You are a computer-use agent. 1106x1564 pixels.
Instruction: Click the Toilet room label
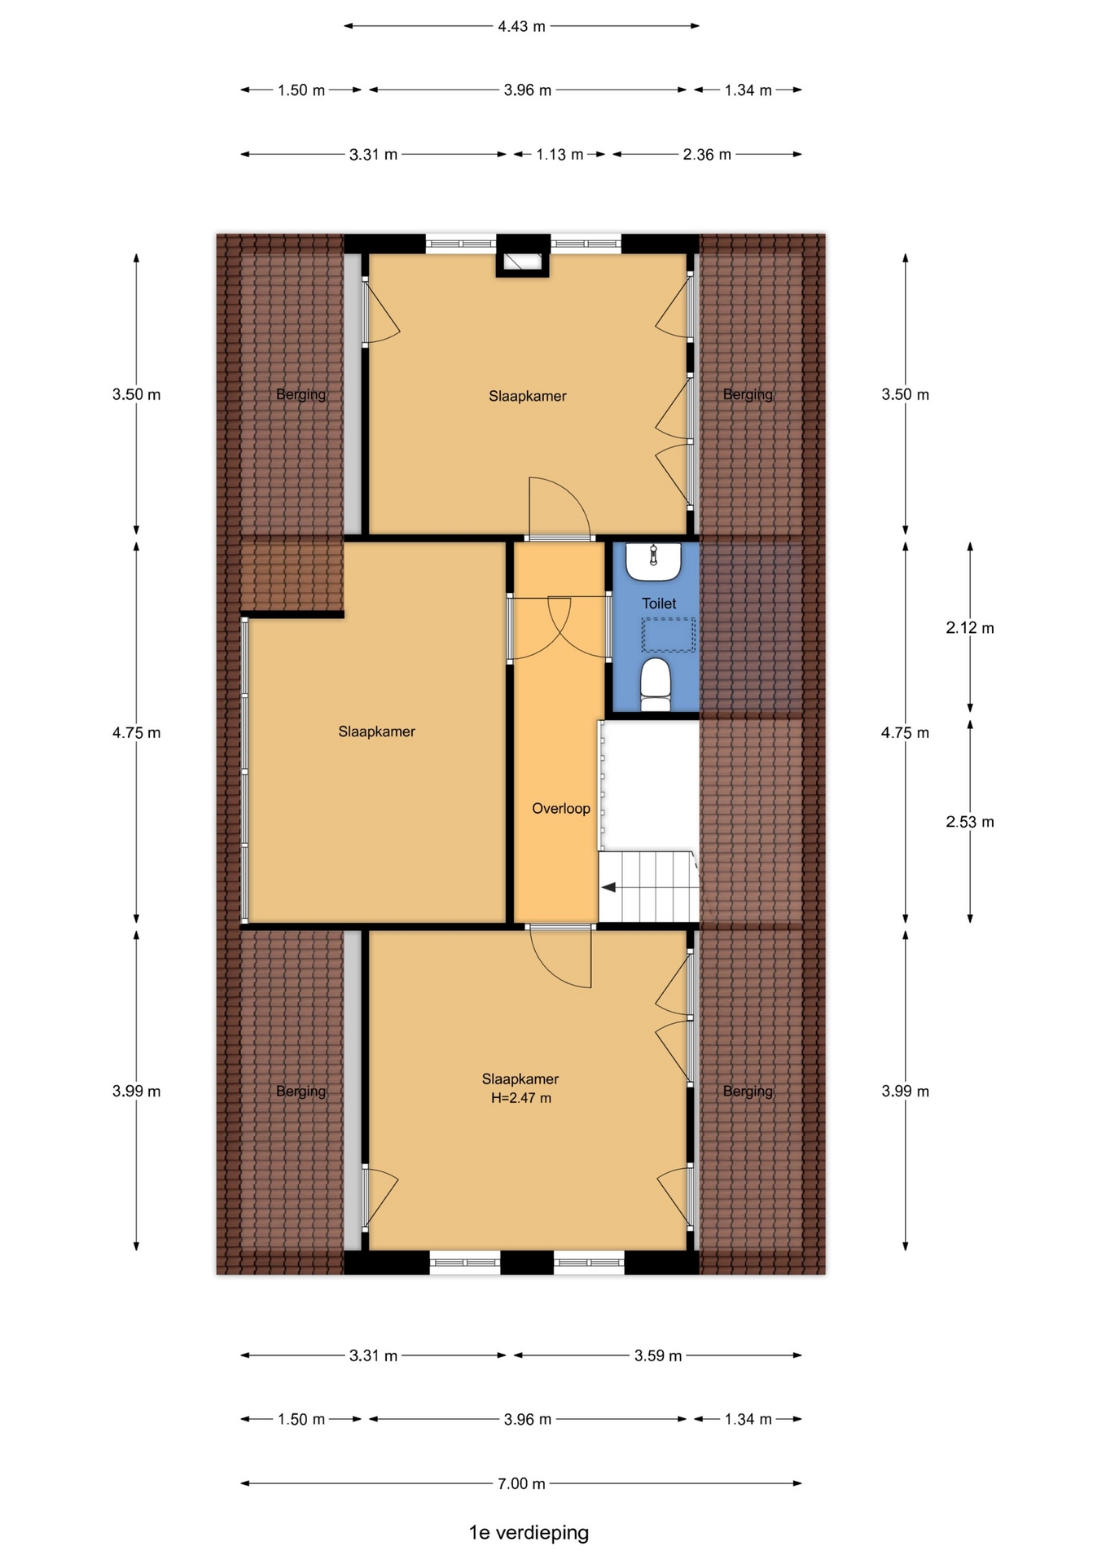click(659, 604)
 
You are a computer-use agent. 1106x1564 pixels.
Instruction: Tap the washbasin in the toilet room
click(653, 561)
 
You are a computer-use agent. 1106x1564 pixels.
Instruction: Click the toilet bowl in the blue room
click(655, 684)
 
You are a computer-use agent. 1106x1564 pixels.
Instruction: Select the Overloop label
click(561, 809)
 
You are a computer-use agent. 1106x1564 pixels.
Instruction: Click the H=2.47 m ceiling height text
click(521, 1098)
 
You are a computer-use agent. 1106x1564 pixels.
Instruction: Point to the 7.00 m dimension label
click(521, 1483)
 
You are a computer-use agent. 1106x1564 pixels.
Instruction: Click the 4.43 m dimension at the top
click(521, 26)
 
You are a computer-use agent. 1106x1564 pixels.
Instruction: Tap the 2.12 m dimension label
click(970, 628)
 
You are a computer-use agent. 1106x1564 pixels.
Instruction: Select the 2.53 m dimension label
click(970, 822)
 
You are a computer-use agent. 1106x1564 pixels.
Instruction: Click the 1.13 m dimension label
click(560, 154)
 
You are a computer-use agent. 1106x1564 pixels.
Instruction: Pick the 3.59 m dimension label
click(658, 1355)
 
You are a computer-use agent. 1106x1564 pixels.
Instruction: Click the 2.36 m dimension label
click(707, 154)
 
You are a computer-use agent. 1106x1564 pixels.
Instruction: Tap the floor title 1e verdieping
click(529, 1532)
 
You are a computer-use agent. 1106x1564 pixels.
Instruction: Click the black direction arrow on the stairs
click(608, 887)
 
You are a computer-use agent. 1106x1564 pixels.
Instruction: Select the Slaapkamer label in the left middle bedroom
click(377, 731)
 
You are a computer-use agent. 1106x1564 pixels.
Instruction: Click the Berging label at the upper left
click(301, 395)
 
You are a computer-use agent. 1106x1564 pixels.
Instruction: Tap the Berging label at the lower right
click(748, 1092)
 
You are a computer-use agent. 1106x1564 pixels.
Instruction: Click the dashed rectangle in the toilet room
click(669, 635)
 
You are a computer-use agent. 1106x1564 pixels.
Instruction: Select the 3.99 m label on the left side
click(137, 1092)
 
